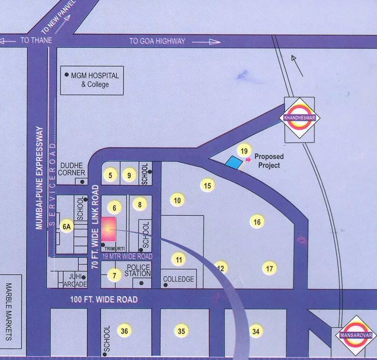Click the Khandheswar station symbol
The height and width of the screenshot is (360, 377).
click(x=299, y=118)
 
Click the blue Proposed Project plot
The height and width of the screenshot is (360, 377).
click(x=233, y=162)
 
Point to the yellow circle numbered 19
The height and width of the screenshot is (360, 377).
click(x=244, y=151)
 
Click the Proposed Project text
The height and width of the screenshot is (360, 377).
click(x=268, y=160)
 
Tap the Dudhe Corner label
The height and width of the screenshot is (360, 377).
click(x=72, y=169)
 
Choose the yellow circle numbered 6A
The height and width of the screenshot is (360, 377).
click(x=66, y=227)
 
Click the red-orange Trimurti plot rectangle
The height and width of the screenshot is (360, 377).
click(x=109, y=228)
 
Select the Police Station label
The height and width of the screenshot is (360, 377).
click(x=137, y=270)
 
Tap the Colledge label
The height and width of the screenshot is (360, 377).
click(x=178, y=279)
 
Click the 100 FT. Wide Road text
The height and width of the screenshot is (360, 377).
click(x=97, y=300)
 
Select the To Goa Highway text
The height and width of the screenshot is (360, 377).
click(x=157, y=41)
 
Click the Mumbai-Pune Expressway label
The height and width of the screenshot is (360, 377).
click(x=40, y=178)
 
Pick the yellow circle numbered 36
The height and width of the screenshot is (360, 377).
click(x=124, y=331)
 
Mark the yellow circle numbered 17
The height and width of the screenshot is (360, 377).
click(x=270, y=269)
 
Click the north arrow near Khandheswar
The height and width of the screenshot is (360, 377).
click(x=297, y=65)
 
